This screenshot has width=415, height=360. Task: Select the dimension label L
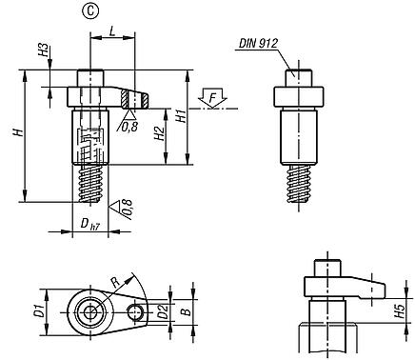pos(112,31)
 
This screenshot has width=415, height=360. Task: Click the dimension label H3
pos(43,50)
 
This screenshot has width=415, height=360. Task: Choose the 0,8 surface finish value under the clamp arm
pos(128,124)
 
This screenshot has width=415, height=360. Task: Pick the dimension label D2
pos(164,310)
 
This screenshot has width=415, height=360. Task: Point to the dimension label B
pos(187,310)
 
